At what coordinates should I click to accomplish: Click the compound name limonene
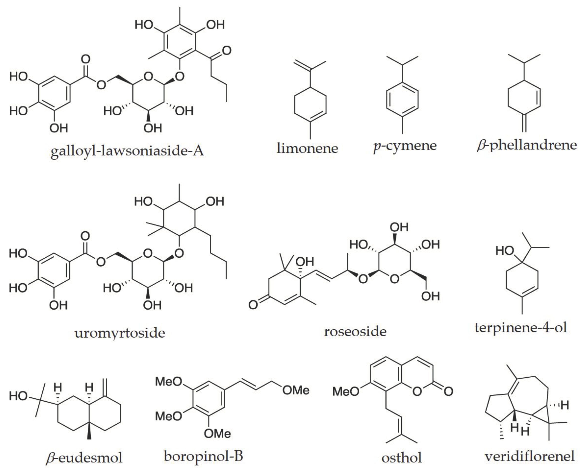[307, 148]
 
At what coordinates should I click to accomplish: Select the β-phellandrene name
[527, 145]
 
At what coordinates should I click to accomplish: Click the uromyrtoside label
[120, 333]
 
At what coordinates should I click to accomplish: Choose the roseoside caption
[355, 332]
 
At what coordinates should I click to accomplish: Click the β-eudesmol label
[84, 458]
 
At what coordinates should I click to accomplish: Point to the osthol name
[402, 458]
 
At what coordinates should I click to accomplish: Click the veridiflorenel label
[529, 456]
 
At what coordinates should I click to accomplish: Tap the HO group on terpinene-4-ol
[505, 251]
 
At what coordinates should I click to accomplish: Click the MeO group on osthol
[346, 392]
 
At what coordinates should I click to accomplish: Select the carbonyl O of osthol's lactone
[448, 392]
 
